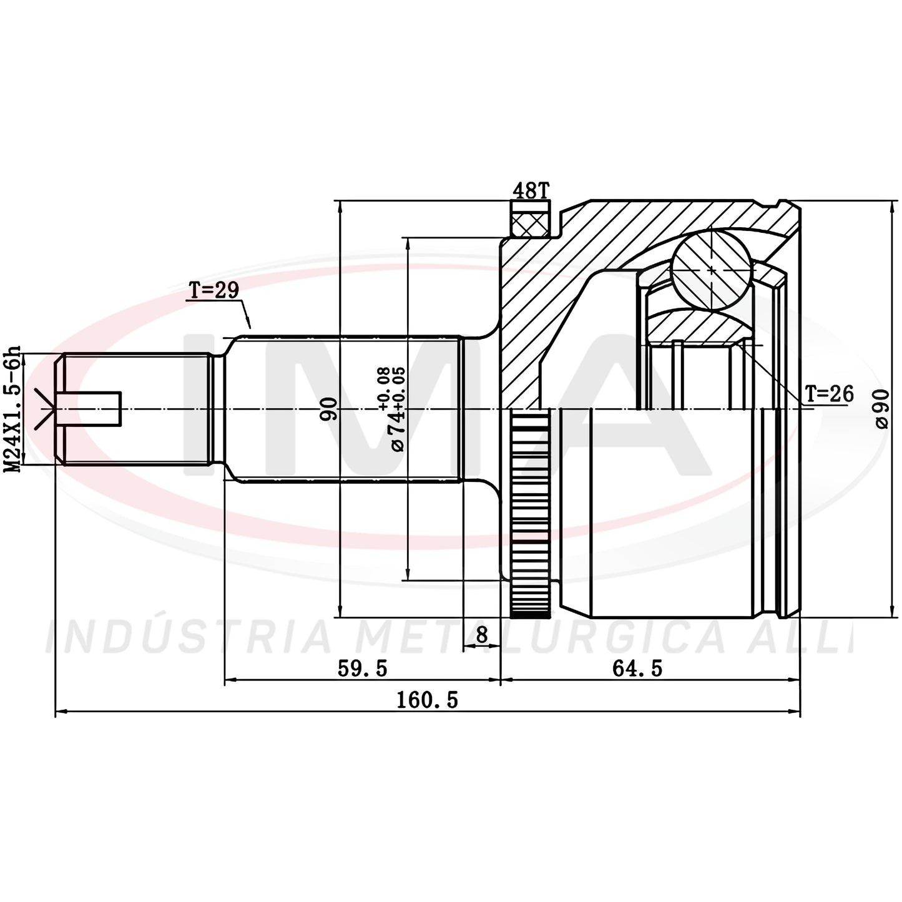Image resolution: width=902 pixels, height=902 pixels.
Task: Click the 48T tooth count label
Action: click(531, 190)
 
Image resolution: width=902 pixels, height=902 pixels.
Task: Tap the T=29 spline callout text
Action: click(213, 290)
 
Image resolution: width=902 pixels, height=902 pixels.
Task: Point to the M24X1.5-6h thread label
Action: click(12, 409)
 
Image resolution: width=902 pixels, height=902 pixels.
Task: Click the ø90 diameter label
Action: click(881, 409)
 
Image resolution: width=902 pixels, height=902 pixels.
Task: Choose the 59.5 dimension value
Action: click(363, 669)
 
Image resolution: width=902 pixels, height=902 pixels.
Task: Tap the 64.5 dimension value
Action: click(637, 669)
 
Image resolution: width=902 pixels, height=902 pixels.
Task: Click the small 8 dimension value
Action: click(482, 635)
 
